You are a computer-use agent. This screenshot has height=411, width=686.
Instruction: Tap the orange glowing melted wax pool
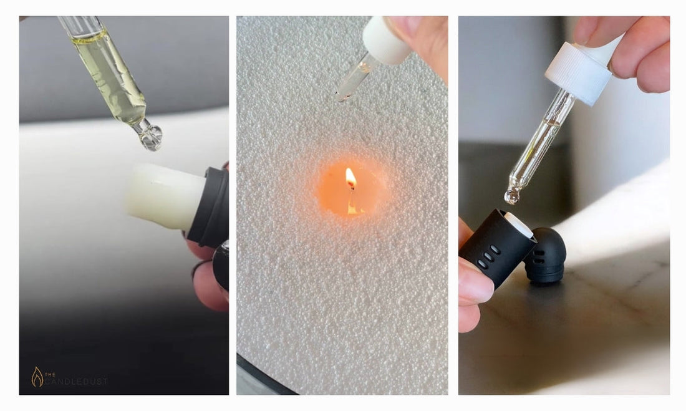(350, 188)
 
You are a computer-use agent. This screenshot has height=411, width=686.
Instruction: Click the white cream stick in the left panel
(165, 196)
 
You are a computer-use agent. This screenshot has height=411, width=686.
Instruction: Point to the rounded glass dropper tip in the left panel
(150, 136)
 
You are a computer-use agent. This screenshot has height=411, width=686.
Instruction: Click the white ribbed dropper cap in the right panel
(578, 73)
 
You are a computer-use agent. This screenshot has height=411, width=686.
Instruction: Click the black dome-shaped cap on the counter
(545, 255)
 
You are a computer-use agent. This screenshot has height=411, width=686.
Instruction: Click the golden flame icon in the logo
(37, 377)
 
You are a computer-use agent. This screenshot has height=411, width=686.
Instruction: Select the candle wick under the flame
(350, 187)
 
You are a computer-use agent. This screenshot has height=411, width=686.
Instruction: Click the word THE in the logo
(50, 374)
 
